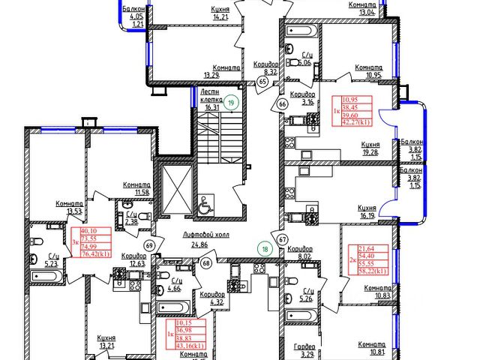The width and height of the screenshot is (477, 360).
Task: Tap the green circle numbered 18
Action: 264,249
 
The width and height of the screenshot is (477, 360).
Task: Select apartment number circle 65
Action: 262,82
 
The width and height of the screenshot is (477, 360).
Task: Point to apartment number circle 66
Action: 282,105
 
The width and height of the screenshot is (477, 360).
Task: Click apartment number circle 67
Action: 283,239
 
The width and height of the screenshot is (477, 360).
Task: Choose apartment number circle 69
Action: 149,245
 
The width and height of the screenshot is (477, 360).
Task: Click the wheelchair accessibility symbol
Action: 205,205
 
